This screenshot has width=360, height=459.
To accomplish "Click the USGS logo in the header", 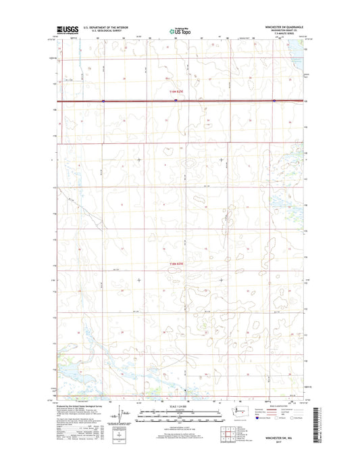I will pyautogui.click(x=67, y=30).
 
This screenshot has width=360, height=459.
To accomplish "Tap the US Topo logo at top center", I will pyautogui.click(x=180, y=30).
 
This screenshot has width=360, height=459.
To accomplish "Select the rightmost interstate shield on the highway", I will pyautogui.click(x=274, y=101).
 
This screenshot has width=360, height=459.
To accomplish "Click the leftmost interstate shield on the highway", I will pyautogui.click(x=103, y=101).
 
